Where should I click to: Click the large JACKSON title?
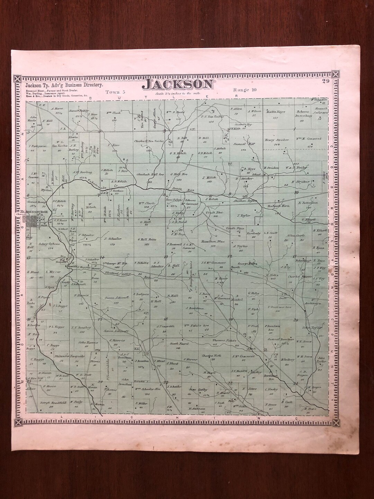[179, 84]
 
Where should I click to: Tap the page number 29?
[325, 81]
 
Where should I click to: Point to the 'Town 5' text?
[115, 92]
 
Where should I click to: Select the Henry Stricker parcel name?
[277, 140]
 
